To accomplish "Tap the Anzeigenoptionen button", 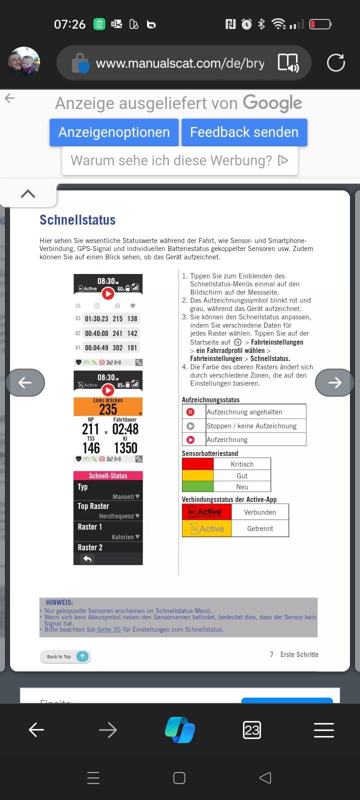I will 114,132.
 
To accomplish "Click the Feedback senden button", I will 244,132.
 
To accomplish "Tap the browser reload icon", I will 335,63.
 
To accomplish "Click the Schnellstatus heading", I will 77,220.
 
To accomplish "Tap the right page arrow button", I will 334,382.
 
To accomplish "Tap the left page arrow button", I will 25,382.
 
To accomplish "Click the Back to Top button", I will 65,656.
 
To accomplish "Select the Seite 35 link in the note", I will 108,629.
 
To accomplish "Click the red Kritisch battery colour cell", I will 197,463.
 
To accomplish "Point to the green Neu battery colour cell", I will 197,486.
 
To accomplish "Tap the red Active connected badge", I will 206,512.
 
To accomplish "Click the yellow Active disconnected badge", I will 206,528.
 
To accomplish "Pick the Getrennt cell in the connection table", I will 260,528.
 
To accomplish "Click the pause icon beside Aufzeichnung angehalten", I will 190,412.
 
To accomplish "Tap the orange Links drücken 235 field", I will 108,406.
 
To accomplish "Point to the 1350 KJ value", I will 125,448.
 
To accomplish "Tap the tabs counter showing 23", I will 251,730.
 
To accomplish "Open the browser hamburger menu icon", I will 323,730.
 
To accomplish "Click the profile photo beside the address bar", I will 24,63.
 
